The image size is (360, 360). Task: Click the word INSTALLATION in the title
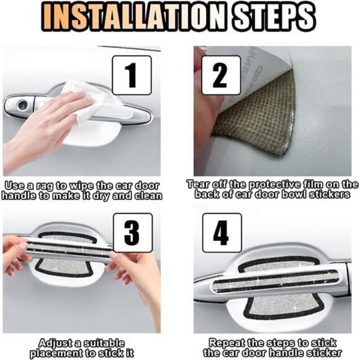[x=133, y=17]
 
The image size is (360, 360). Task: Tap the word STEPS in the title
[x=274, y=17]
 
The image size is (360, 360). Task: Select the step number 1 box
[x=132, y=75]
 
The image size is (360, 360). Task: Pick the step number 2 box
[x=221, y=75]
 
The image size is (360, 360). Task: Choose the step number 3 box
[x=133, y=233]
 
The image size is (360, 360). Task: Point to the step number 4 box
[x=222, y=233]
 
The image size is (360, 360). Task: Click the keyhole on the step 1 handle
[x=23, y=105]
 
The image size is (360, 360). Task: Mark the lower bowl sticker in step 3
[x=65, y=268]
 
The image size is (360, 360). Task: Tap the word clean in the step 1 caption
[x=148, y=196]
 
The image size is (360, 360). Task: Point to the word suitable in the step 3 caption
[x=104, y=343]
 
